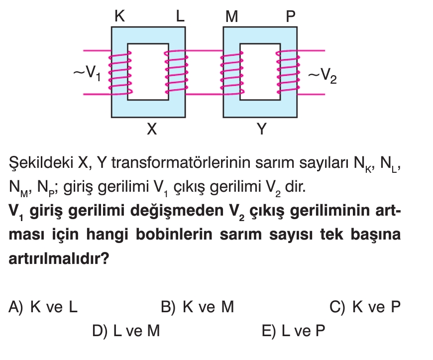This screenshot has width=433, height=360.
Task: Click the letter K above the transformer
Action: coord(119,16)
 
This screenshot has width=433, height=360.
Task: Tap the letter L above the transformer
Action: coord(180,16)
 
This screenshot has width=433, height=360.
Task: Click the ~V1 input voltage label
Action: coord(87,73)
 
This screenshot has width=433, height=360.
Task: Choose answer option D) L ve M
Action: coord(126,331)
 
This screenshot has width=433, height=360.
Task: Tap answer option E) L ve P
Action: coord(294,331)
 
